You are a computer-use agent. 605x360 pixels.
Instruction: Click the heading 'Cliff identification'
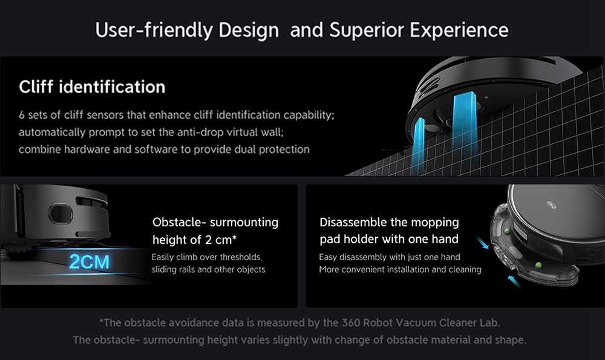(x=92, y=87)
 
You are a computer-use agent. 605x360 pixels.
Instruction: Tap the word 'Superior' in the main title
(x=366, y=30)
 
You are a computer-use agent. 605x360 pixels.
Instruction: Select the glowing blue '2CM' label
(x=89, y=262)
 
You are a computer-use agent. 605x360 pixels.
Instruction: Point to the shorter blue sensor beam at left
(x=417, y=146)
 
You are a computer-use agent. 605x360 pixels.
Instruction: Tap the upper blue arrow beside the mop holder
(x=482, y=242)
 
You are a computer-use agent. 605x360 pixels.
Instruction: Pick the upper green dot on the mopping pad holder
(x=507, y=232)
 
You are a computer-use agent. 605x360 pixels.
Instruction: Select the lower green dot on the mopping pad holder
(x=538, y=265)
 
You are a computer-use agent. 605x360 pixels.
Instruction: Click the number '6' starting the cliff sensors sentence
(x=22, y=115)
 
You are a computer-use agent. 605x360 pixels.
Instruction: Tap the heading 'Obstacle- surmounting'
(x=215, y=222)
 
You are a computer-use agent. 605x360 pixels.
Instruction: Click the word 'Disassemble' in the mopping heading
(x=353, y=222)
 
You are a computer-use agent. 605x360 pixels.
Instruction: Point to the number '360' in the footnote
(x=351, y=322)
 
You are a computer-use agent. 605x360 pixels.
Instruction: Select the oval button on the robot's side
(x=60, y=214)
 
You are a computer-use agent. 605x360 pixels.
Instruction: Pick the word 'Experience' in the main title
(x=459, y=30)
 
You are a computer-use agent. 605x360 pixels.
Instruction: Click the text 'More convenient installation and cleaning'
(x=400, y=269)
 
